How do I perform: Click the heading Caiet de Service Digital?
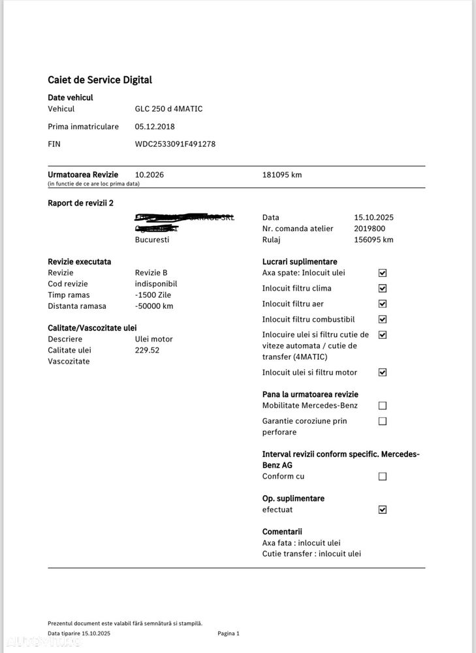100,80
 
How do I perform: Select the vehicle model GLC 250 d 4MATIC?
168,109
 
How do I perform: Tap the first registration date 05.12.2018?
155,127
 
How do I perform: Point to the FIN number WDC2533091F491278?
175,144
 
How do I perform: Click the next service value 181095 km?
282,175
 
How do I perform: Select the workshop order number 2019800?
370,229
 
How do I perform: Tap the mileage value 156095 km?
373,240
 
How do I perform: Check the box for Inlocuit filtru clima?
383,289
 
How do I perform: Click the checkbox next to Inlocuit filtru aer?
383,304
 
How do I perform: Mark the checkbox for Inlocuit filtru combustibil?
383,320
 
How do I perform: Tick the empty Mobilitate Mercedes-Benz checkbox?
383,406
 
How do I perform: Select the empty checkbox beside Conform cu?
383,477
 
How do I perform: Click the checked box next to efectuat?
383,510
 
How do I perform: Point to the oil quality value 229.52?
147,350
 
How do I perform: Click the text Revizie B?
151,273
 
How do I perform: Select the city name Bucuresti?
152,240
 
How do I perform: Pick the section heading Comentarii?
282,532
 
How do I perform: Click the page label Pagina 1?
229,633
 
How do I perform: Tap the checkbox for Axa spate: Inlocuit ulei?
383,273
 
